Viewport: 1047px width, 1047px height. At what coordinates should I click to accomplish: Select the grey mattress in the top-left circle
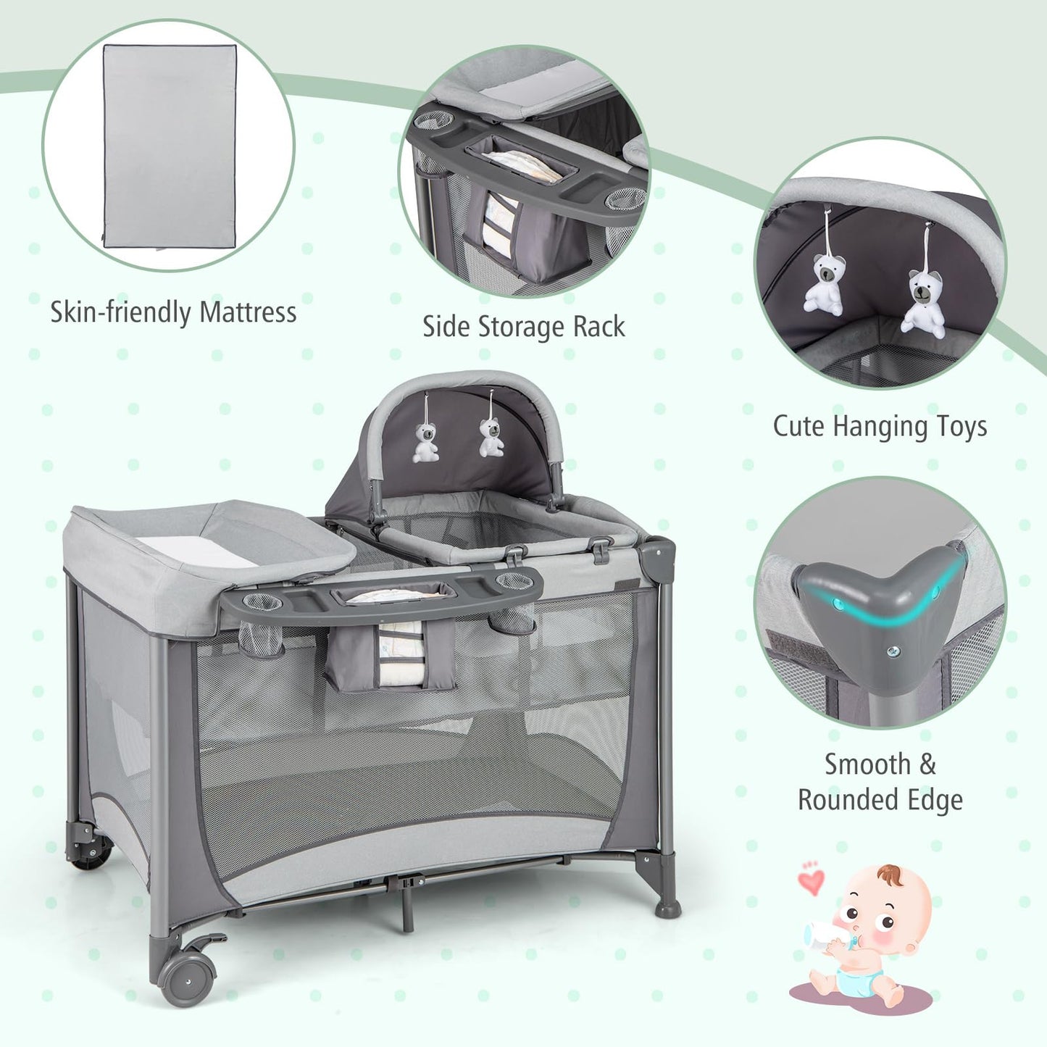tap(170, 145)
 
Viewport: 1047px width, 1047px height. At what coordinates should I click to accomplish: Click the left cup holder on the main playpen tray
tap(262, 602)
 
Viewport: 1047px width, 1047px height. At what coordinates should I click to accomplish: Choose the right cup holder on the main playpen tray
tap(514, 580)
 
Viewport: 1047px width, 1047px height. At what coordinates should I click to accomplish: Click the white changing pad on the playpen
tap(196, 551)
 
